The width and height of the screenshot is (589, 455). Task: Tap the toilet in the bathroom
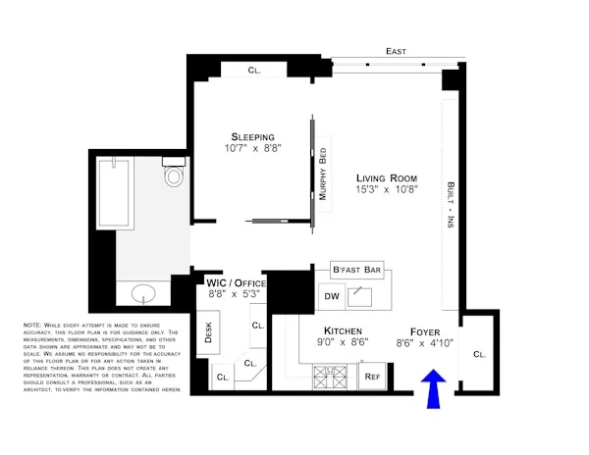(175, 175)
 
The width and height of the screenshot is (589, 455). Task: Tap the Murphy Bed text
(322, 174)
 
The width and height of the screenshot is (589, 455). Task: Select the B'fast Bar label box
(356, 270)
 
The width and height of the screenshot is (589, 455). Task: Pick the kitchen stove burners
(325, 375)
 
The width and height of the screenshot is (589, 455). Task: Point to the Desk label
(207, 333)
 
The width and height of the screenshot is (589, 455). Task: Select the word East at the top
(397, 51)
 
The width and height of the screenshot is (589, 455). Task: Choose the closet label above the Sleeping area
(253, 70)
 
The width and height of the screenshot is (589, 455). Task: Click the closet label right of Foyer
(479, 354)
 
